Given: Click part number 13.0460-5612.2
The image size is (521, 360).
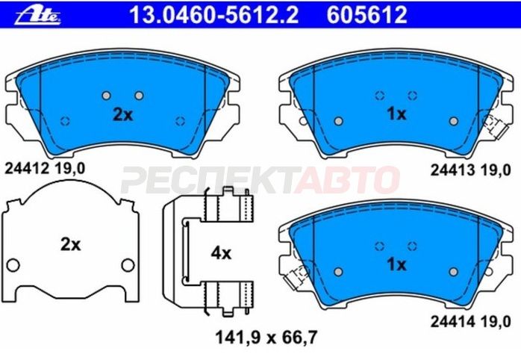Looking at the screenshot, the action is [213, 15].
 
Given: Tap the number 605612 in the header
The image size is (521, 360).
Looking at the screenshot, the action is [366, 15].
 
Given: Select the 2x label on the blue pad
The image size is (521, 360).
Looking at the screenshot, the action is [122, 115].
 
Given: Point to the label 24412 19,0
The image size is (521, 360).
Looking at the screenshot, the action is [45, 169].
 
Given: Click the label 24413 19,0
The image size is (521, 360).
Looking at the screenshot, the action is [470, 170].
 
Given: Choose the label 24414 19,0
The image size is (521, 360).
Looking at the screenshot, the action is [470, 321].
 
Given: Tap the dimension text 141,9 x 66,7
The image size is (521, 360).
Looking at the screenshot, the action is [266, 338].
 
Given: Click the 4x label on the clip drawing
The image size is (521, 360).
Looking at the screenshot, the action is [221, 254].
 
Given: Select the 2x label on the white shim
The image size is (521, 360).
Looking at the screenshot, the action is [70, 245].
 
